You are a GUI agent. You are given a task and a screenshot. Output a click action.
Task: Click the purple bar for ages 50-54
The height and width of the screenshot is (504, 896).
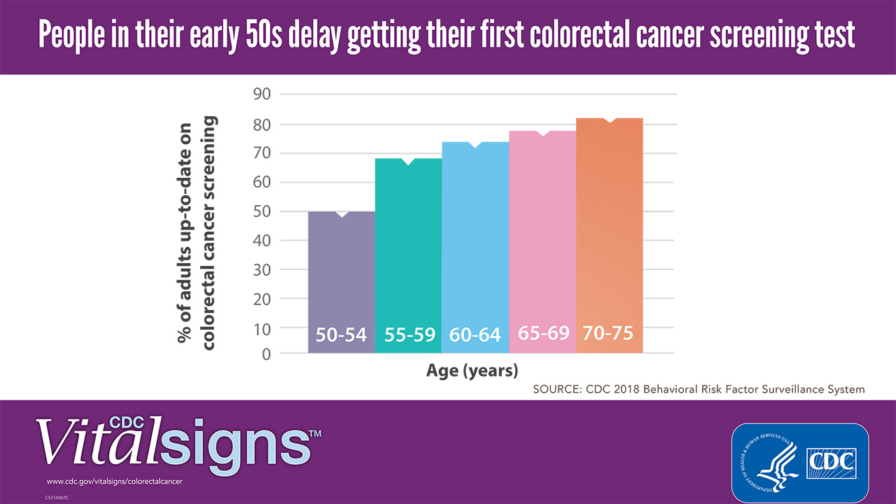pyautogui.click(x=341, y=280)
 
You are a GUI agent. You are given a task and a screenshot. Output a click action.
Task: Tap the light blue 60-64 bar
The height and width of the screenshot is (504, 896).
pyautogui.click(x=475, y=245)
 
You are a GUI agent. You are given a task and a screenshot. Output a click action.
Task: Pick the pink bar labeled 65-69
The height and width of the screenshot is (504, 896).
pyautogui.click(x=542, y=238)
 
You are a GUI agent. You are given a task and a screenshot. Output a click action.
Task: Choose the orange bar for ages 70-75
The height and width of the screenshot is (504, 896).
pyautogui.click(x=609, y=231)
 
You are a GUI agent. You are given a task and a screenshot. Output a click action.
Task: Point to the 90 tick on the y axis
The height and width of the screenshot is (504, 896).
pyautogui.click(x=260, y=94)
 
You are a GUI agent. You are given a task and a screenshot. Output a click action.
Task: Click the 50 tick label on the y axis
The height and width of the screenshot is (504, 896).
pyautogui.click(x=260, y=211)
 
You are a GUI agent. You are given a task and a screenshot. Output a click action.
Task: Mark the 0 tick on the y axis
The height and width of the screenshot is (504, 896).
pyautogui.click(x=266, y=355)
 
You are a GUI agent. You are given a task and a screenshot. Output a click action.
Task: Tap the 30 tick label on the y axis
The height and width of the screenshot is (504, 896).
pyautogui.click(x=260, y=269)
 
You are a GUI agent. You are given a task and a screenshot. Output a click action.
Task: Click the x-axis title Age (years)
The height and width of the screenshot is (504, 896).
pyautogui.click(x=472, y=370)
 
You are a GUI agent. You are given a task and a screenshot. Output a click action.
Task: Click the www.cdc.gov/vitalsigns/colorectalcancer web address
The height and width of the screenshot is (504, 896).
pyautogui.click(x=114, y=482)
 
